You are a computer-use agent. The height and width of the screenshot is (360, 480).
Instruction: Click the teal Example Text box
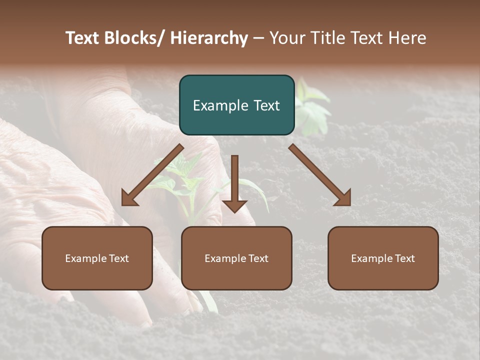[236, 105]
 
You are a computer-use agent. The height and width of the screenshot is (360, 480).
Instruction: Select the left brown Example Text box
[97, 258]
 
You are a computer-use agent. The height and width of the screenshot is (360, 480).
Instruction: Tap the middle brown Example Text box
[236, 258]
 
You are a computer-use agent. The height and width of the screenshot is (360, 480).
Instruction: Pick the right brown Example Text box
[383, 258]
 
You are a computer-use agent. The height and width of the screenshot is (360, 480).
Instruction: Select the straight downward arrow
[234, 180]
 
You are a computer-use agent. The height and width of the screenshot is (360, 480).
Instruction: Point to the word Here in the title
[408, 38]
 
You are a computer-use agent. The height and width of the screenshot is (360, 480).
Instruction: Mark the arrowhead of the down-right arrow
[343, 198]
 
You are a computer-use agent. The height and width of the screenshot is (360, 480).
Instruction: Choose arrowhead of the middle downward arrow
[234, 205]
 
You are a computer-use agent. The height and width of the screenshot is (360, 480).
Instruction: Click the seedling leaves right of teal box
[312, 107]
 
